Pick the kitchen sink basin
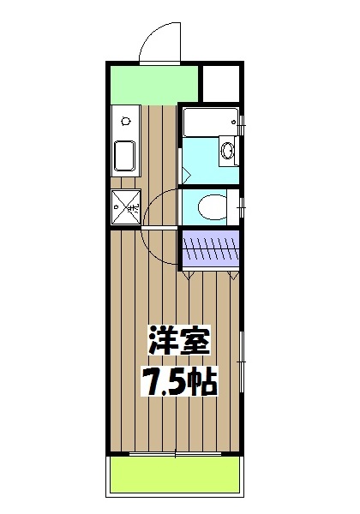[125, 155]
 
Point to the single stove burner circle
[126, 118]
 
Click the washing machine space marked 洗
[125, 206]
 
